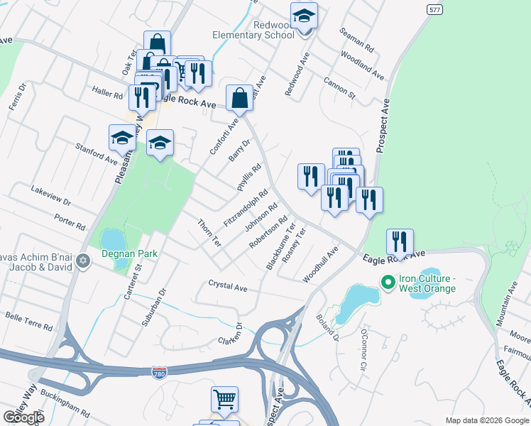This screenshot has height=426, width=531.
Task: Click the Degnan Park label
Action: [128, 253]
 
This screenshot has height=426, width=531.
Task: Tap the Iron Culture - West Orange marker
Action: [388, 283]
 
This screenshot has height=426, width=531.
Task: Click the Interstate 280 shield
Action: [160, 372]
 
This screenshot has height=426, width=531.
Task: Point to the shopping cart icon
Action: [225, 400]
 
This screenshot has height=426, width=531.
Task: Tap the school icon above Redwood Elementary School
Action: [305, 16]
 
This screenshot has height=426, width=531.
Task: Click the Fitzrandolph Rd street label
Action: [246, 208]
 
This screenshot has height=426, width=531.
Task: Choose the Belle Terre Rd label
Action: [29, 321]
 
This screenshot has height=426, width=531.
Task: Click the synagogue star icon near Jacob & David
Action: [84, 261]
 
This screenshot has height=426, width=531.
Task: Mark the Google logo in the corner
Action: [23, 417]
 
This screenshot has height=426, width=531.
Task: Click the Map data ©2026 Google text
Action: [486, 420]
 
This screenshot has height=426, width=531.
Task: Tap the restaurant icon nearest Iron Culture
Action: [400, 243]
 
